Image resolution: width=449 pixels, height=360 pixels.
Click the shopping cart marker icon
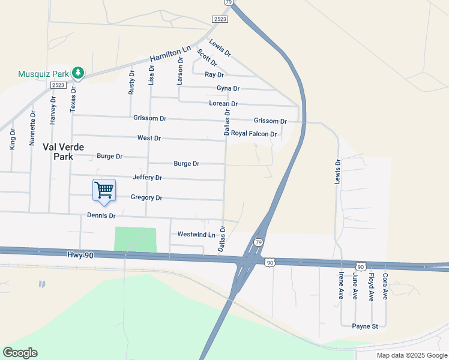[x=104, y=190]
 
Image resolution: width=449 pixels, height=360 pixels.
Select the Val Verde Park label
[x=63, y=151]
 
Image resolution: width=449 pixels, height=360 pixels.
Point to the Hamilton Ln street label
[x=170, y=54]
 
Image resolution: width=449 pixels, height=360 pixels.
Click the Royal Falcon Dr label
[x=253, y=134]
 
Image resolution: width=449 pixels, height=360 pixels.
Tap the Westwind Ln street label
[x=196, y=234]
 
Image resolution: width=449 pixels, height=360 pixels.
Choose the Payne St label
[x=364, y=326]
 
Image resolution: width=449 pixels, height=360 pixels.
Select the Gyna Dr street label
[x=228, y=88]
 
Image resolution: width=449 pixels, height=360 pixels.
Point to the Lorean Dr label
[x=223, y=103]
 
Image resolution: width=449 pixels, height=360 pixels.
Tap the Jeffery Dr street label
[x=147, y=178]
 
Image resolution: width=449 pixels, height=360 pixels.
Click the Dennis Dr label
[x=101, y=215]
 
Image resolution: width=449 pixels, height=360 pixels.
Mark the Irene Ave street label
[x=341, y=286]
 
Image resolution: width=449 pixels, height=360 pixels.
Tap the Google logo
[x=20, y=353]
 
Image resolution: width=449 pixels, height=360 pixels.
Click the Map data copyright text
[x=411, y=355]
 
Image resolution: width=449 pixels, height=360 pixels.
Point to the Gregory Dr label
[x=146, y=197]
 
